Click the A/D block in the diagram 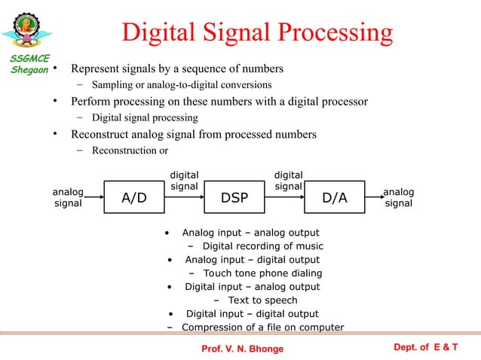134,199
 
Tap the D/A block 335,199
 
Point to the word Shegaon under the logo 29,70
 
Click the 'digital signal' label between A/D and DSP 184,180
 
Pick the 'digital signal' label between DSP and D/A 288,180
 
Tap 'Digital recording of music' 262,246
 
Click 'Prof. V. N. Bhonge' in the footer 243,349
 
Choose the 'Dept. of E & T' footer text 426,346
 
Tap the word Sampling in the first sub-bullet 112,84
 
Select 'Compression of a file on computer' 262,328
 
